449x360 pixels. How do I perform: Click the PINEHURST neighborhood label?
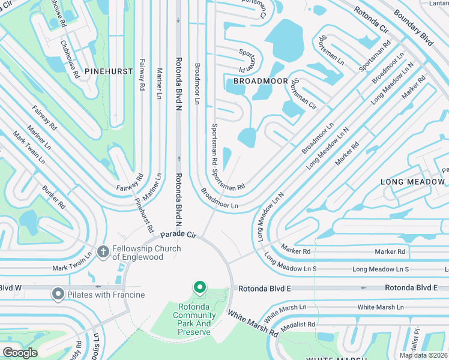click(x=108, y=71)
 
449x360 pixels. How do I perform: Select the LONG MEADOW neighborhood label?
click(x=414, y=181)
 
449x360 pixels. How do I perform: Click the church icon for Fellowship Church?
click(x=103, y=252)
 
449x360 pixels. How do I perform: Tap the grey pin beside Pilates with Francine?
click(x=58, y=294)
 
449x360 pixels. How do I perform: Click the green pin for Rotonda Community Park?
click(x=200, y=289)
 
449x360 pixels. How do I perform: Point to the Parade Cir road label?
click(x=179, y=234)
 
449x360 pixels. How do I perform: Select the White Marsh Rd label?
click(x=252, y=323)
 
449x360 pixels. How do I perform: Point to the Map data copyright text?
click(x=424, y=355)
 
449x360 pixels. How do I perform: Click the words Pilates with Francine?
click(x=106, y=295)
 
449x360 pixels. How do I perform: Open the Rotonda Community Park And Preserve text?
click(x=193, y=319)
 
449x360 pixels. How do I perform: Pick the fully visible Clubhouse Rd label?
click(x=70, y=59)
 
